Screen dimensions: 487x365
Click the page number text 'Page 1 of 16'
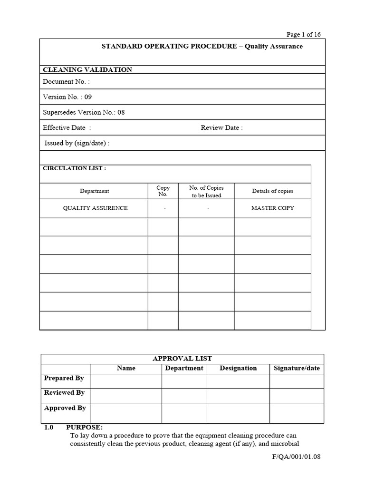[x=303, y=34]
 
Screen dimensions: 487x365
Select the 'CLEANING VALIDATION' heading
[x=87, y=69]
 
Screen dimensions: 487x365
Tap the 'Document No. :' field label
[x=66, y=81]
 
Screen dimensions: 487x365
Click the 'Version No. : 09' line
[x=67, y=97]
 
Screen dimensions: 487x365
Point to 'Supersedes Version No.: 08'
[x=84, y=112]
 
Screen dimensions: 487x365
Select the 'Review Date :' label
[x=221, y=127]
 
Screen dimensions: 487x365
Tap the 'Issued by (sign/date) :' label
[x=77, y=143]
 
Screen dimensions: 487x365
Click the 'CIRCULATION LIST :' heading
[x=75, y=168]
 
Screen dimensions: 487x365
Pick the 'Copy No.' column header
[x=163, y=191]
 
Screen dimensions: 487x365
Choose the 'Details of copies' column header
[x=272, y=191]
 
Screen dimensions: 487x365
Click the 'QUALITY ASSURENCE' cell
[x=95, y=208]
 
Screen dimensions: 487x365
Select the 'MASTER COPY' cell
[x=272, y=208]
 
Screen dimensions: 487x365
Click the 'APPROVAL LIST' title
[x=182, y=359]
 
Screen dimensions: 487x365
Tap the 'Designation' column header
[x=238, y=368]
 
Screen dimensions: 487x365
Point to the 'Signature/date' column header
[x=297, y=368]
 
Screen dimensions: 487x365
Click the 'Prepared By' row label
[x=64, y=378]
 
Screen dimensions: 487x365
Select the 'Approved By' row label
[x=65, y=408]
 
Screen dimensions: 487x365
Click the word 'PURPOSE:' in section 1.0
[x=84, y=427]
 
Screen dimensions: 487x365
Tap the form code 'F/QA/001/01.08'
[x=296, y=457]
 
